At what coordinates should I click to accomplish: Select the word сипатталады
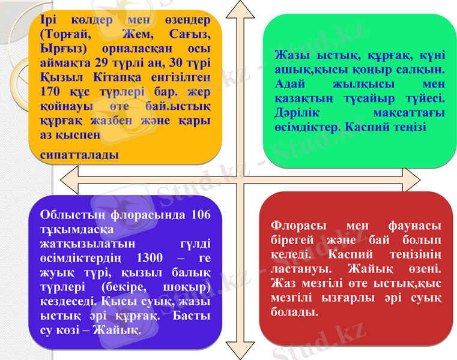[79, 155]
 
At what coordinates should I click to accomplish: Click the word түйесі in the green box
[422, 98]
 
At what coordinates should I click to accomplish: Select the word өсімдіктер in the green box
[303, 127]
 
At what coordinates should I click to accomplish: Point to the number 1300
[150, 259]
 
